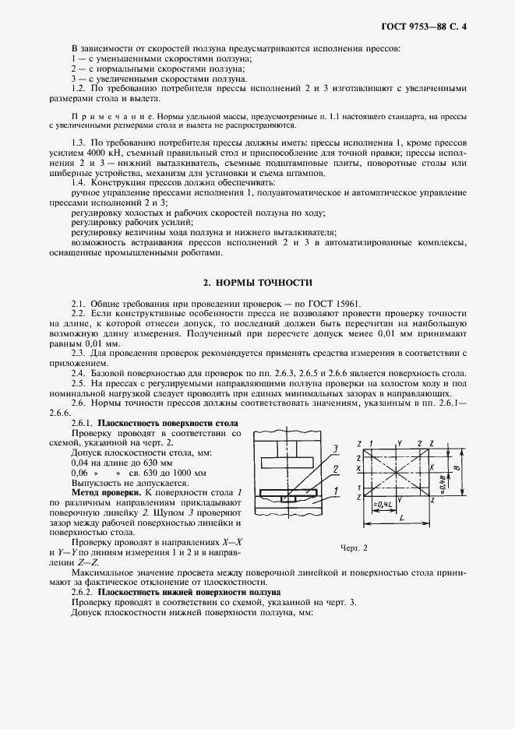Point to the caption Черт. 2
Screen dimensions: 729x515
pos(354,548)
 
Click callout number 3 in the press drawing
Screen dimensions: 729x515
pos(333,449)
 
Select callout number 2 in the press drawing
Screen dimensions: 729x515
pos(333,469)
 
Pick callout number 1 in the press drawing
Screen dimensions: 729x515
pos(333,491)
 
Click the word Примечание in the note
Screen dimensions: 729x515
pos(104,114)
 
